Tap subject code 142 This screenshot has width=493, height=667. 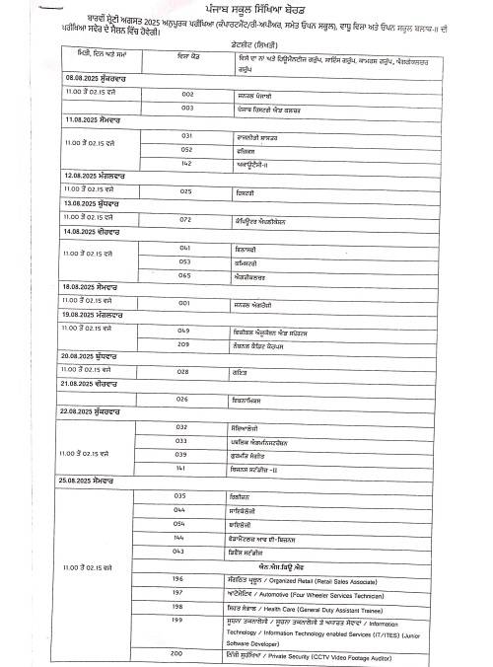(x=186, y=163)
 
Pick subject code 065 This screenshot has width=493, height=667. (x=184, y=275)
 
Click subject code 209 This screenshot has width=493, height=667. (x=184, y=343)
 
